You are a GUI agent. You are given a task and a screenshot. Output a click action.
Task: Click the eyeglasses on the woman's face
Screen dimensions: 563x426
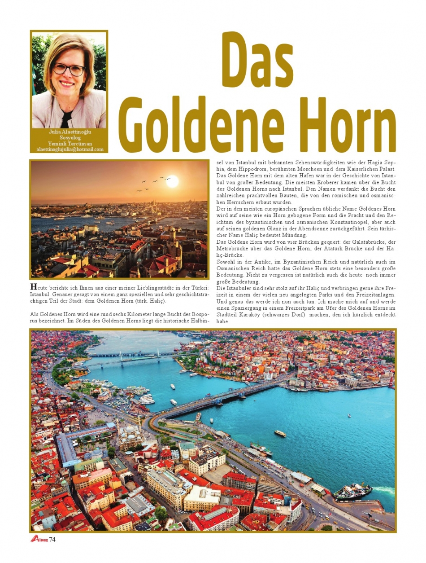pos(69,69)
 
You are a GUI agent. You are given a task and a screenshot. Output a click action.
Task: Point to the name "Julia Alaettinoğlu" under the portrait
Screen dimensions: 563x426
pos(70,132)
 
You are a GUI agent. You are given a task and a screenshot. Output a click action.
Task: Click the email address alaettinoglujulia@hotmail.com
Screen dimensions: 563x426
pos(70,149)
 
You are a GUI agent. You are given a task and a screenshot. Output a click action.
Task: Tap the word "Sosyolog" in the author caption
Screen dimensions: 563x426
pos(70,138)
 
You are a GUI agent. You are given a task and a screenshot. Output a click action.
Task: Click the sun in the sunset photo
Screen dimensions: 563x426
pos(172,181)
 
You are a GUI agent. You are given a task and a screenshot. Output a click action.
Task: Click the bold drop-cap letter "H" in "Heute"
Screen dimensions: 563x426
pos(33,286)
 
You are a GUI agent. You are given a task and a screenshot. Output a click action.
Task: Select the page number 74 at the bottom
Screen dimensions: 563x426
pos(52,539)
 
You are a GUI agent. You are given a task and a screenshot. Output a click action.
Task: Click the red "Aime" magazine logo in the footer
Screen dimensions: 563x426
pos(39,539)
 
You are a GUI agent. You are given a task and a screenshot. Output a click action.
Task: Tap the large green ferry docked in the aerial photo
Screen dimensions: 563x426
pos(352,492)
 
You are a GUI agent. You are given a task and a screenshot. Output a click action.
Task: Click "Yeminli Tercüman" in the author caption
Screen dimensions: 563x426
pos(70,144)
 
